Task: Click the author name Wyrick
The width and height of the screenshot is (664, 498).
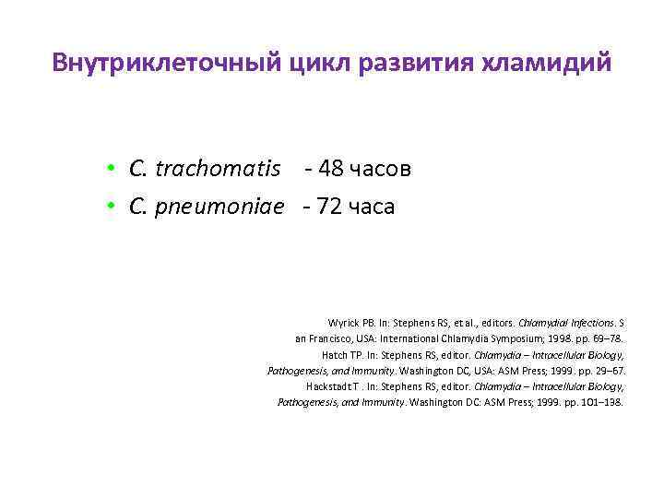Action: coord(343,323)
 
